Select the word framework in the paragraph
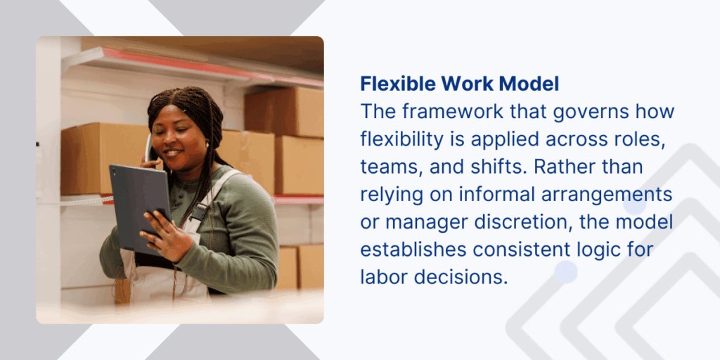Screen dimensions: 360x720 [441, 111]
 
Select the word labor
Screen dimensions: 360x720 [385, 276]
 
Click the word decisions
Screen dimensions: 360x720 [461, 276]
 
